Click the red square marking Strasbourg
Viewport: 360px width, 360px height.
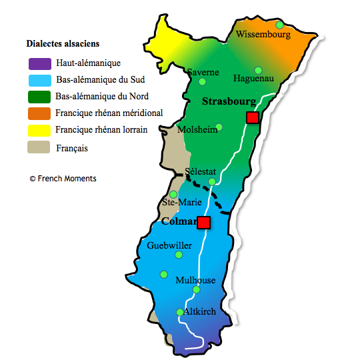click(x=253, y=118)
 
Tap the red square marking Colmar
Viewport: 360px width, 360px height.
click(x=204, y=222)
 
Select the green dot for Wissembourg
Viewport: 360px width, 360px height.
click(x=280, y=25)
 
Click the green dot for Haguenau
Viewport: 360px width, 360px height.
click(x=258, y=70)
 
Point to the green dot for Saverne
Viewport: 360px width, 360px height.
click(x=202, y=82)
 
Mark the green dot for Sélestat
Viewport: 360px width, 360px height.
click(x=212, y=181)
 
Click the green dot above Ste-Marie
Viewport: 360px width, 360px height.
click(x=173, y=194)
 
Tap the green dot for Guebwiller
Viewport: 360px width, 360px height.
click(x=178, y=255)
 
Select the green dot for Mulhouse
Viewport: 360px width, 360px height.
click(x=195, y=289)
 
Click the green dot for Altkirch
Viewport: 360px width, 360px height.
click(x=179, y=312)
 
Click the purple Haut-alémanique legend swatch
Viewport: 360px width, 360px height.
click(x=39, y=64)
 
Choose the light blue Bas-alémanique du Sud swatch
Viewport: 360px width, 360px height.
click(x=39, y=80)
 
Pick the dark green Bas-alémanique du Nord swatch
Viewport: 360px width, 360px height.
click(x=39, y=97)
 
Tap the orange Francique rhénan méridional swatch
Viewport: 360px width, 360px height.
click(x=39, y=113)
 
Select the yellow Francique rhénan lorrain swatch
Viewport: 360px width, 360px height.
click(x=39, y=130)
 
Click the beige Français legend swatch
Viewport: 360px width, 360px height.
click(x=39, y=147)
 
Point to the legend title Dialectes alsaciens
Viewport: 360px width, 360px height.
click(x=63, y=43)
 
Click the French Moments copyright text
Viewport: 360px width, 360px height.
click(x=63, y=179)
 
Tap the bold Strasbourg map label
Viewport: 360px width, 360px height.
click(x=229, y=101)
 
